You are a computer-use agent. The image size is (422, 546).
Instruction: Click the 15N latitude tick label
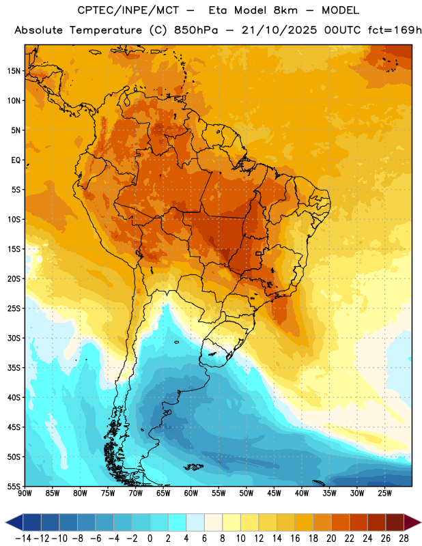(x=14, y=71)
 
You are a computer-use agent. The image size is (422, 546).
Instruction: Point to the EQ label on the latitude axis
(x=16, y=160)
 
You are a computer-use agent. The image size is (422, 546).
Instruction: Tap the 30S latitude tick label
(x=14, y=338)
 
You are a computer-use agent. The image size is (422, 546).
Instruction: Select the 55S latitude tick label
(x=14, y=486)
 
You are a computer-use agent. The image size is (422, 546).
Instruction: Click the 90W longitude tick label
(x=25, y=493)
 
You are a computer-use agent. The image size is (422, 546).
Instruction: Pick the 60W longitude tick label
(x=191, y=493)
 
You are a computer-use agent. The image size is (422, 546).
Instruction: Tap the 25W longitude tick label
(x=385, y=493)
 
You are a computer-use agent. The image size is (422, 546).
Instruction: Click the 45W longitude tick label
(x=275, y=493)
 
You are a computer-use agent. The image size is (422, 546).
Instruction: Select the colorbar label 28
(x=404, y=538)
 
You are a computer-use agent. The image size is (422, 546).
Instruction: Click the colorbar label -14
(x=23, y=538)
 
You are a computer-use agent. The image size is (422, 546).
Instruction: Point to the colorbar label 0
(x=150, y=538)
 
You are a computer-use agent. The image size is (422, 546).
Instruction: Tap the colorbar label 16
(x=295, y=538)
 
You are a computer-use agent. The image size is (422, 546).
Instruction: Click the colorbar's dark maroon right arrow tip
(x=421, y=522)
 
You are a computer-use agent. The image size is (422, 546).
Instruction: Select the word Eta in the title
(x=217, y=10)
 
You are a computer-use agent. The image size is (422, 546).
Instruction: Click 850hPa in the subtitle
(x=196, y=30)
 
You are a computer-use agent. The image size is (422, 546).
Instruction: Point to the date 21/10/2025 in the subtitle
(x=279, y=30)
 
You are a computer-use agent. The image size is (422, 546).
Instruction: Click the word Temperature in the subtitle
(x=106, y=30)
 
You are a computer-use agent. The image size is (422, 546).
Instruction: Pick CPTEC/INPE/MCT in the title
(x=128, y=10)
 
